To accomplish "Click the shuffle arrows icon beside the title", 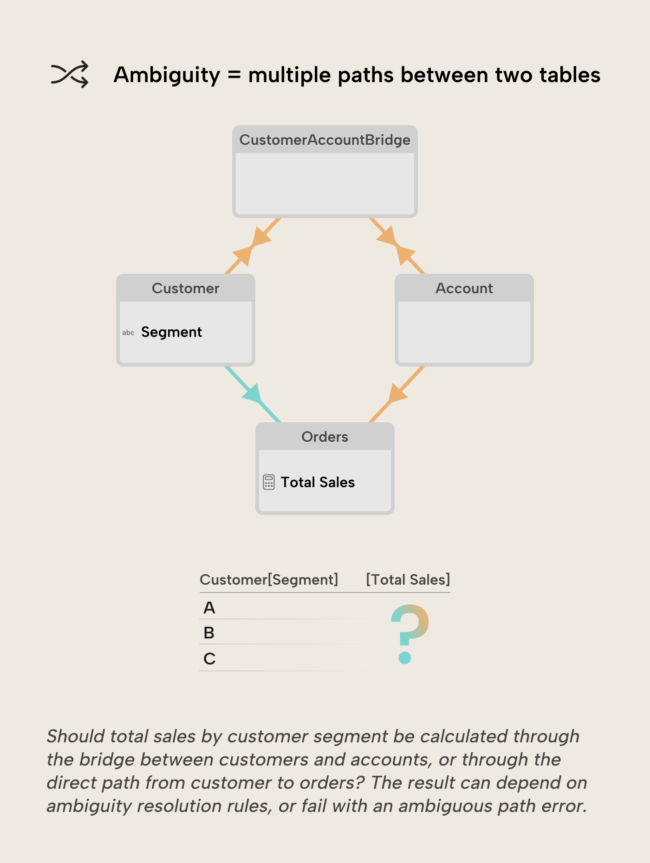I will click(70, 74).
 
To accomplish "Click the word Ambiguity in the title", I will click(167, 75).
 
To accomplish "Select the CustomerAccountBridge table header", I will click(325, 140).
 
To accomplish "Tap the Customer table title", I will click(185, 288).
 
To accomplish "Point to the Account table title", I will click(464, 288).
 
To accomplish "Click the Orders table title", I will click(325, 437).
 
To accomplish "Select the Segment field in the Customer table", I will click(171, 332).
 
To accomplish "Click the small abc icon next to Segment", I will click(128, 333).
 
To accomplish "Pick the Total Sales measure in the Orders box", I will click(318, 483).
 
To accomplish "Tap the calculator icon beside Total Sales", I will click(268, 482).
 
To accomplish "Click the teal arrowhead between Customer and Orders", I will click(253, 394).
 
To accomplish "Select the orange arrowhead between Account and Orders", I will click(397, 393).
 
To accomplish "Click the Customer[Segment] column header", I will click(269, 580).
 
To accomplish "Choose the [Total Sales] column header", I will click(408, 580).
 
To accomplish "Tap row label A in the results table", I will click(209, 608).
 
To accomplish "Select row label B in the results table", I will click(209, 633).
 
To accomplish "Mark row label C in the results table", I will click(209, 659).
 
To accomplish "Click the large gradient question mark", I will click(409, 633).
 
